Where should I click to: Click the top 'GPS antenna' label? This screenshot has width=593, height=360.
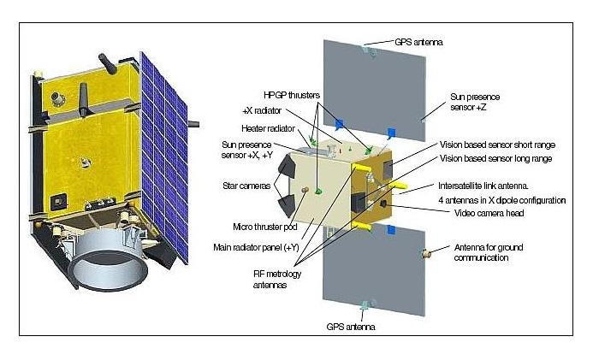pyautogui.click(x=418, y=41)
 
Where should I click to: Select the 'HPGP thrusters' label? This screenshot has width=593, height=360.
pyautogui.click(x=293, y=96)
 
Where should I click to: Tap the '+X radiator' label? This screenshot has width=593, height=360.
pyautogui.click(x=263, y=110)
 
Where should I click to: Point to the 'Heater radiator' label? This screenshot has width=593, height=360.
pyautogui.click(x=267, y=128)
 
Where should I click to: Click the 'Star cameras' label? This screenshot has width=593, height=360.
pyautogui.click(x=250, y=185)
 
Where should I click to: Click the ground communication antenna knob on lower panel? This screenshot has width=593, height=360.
pyautogui.click(x=425, y=253)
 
